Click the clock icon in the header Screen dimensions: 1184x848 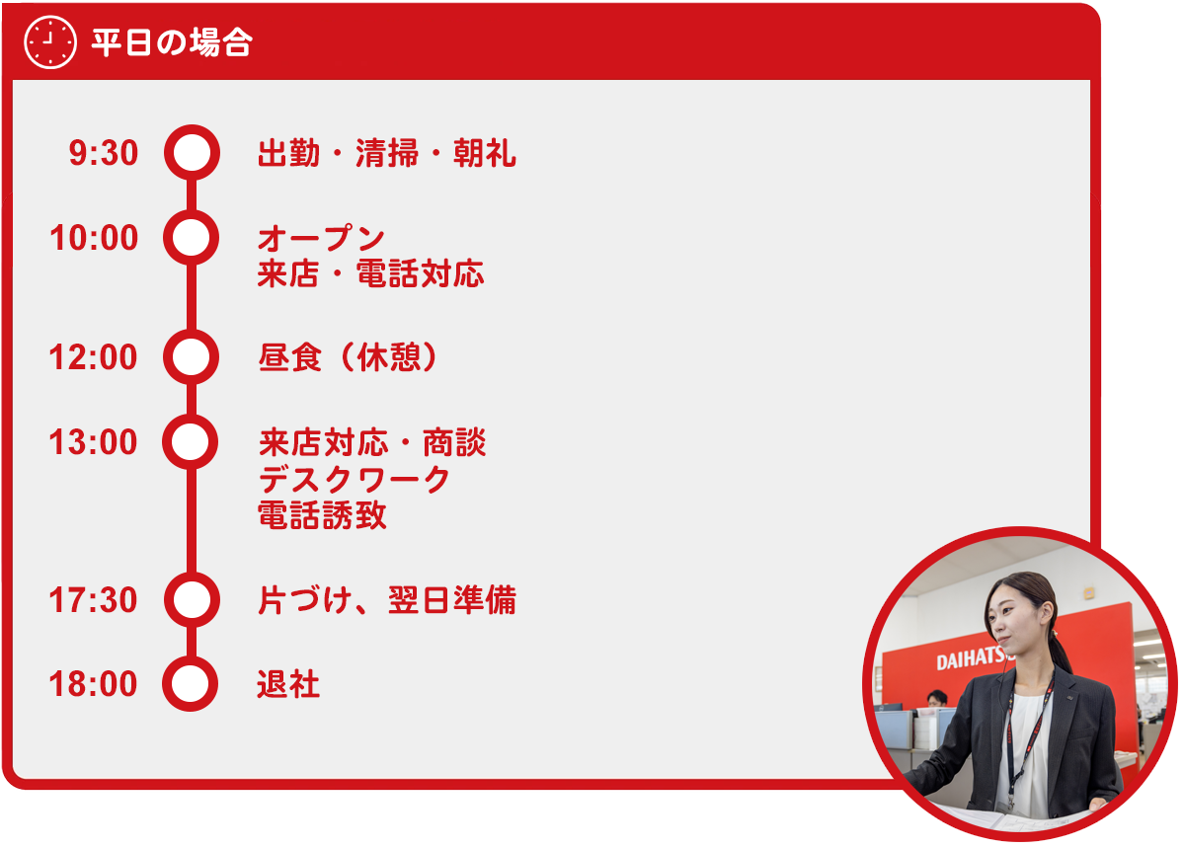pyautogui.click(x=49, y=42)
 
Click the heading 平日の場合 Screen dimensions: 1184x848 pyautogui.click(x=172, y=43)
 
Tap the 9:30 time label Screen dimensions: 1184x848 pyautogui.click(x=104, y=153)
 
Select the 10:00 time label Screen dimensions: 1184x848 pyautogui.click(x=94, y=238)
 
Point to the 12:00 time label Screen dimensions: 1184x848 pyautogui.click(x=93, y=357)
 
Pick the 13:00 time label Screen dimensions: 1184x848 pyautogui.click(x=93, y=442)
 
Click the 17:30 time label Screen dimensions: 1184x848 pyautogui.click(x=93, y=600)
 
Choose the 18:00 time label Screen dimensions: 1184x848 pyautogui.click(x=93, y=684)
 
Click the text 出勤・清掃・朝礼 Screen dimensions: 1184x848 pyautogui.click(x=387, y=153)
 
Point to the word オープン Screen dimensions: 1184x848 pyautogui.click(x=321, y=239)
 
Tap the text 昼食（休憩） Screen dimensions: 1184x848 pyautogui.click(x=348, y=357)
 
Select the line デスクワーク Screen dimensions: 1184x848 pyautogui.click(x=355, y=480)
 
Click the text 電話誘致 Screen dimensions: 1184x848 pyautogui.click(x=323, y=515)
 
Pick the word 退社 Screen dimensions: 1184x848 pyautogui.click(x=288, y=685)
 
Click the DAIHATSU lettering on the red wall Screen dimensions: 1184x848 pyautogui.click(x=971, y=657)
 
